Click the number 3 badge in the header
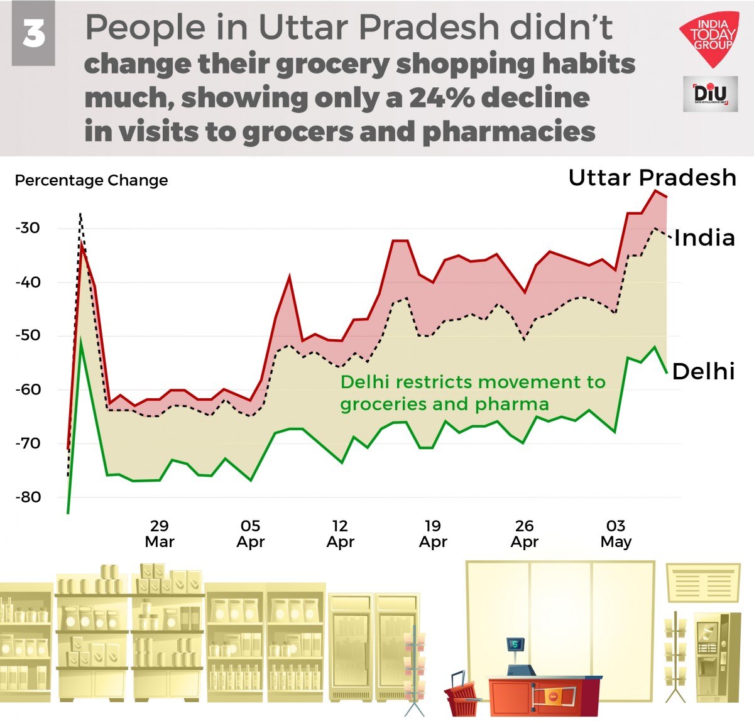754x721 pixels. (x=33, y=34)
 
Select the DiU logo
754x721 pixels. (x=710, y=94)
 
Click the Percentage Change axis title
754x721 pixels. (x=91, y=181)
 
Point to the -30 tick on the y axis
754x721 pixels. (x=28, y=228)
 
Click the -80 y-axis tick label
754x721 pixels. (x=28, y=497)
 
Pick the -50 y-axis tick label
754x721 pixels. (x=28, y=335)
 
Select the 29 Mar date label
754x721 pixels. (x=160, y=534)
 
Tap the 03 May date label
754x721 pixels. (x=616, y=534)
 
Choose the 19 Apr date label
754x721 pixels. (x=433, y=534)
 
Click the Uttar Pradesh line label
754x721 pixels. (x=652, y=178)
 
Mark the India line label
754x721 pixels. (x=704, y=238)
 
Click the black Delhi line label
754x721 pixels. (x=703, y=372)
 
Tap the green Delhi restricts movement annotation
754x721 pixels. (x=473, y=393)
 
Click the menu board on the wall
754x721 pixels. (x=702, y=582)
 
